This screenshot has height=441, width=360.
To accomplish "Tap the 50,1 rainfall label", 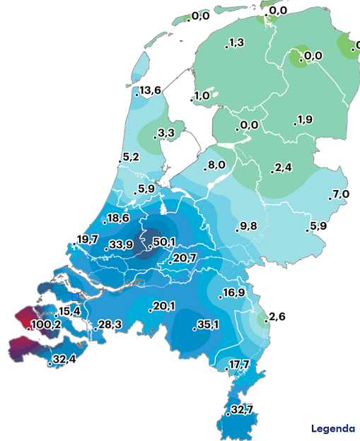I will pyautogui.click(x=164, y=242).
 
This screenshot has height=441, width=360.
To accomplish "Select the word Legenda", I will pyautogui.click(x=333, y=429).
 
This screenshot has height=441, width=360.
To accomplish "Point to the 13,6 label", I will pyautogui.click(x=151, y=90).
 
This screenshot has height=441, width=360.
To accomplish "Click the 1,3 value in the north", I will pyautogui.click(x=236, y=43).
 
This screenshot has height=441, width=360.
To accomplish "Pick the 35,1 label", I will pyautogui.click(x=208, y=325).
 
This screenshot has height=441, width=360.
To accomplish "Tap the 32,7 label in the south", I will pyautogui.click(x=242, y=410).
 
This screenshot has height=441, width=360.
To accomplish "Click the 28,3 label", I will pyautogui.click(x=110, y=324).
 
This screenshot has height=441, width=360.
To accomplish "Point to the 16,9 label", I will pyautogui.click(x=234, y=293).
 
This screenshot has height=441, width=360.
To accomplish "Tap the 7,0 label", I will pyautogui.click(x=341, y=194).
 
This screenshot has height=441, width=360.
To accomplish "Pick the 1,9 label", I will pyautogui.click(x=305, y=119).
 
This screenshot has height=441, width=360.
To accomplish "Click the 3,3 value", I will pyautogui.click(x=167, y=133).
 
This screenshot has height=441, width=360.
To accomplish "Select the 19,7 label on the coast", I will pyautogui.click(x=88, y=240).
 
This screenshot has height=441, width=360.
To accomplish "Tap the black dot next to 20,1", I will pyautogui.click(x=150, y=310).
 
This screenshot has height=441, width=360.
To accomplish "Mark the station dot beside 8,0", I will pyautogui.click(x=204, y=169).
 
